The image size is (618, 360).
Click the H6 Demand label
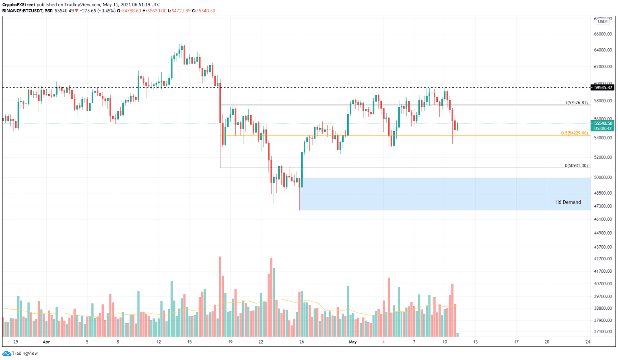click(x=568, y=202)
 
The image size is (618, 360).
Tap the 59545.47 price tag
click(x=603, y=88)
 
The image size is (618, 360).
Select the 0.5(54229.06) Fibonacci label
click(x=574, y=133)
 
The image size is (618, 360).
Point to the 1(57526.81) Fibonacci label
click(x=576, y=103)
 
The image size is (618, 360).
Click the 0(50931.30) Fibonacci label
click(x=576, y=166)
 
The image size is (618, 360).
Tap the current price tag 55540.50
click(x=603, y=123)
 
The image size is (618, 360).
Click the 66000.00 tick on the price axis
click(x=603, y=34)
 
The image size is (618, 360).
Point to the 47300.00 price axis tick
click(x=603, y=206)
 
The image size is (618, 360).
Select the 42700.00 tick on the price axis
click(x=603, y=259)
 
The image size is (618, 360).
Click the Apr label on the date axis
click(x=46, y=342)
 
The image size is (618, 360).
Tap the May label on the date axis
click(x=352, y=342)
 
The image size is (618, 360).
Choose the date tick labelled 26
click(x=302, y=342)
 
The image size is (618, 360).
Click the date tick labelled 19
click(x=230, y=342)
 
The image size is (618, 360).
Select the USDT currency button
click(x=603, y=22)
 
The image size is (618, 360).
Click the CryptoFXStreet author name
click(x=19, y=5)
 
